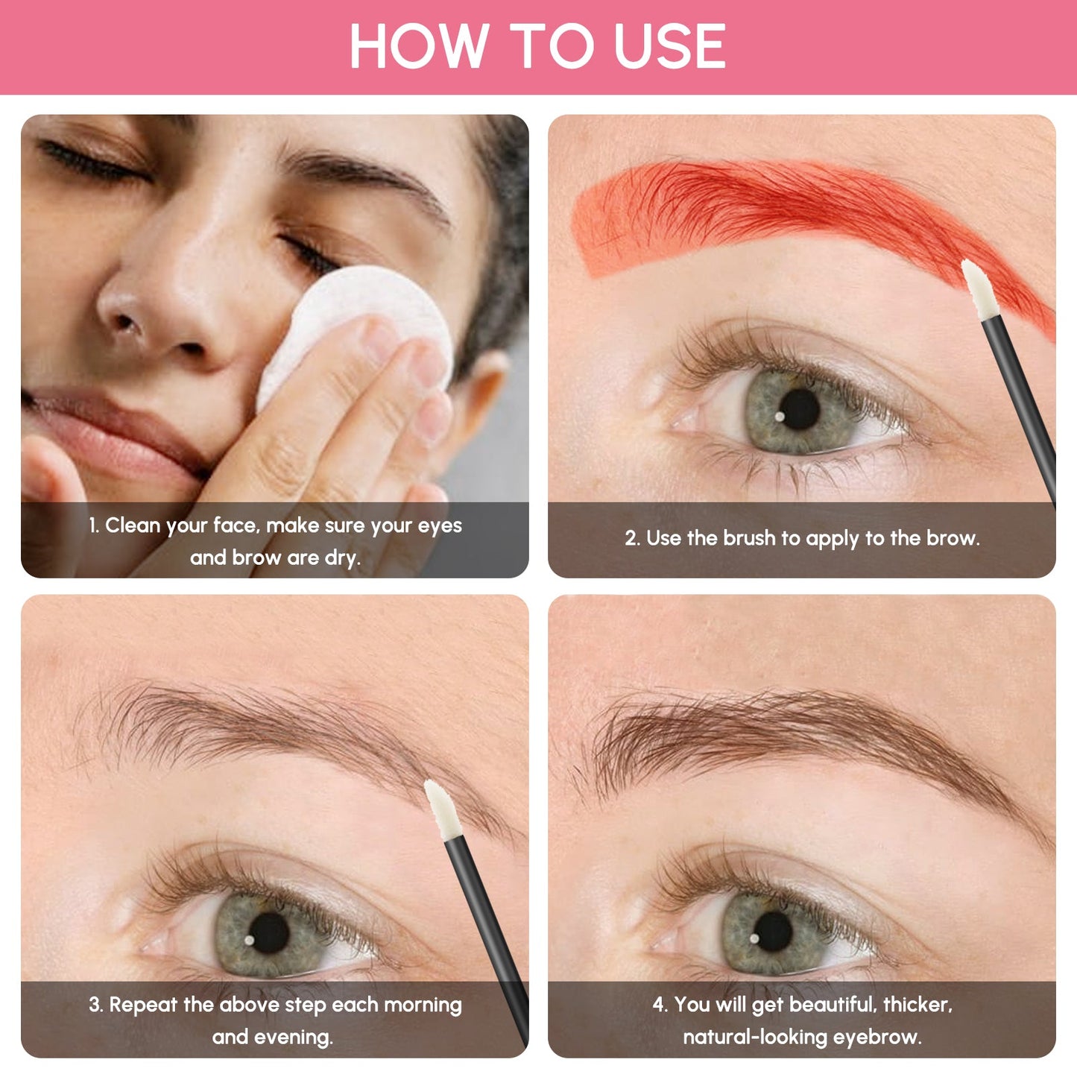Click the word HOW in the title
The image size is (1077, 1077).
417,46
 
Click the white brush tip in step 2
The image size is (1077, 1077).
976,291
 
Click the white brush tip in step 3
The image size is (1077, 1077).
442,809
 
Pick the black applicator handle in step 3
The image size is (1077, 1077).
484,924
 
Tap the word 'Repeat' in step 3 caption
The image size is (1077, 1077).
143,1005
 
